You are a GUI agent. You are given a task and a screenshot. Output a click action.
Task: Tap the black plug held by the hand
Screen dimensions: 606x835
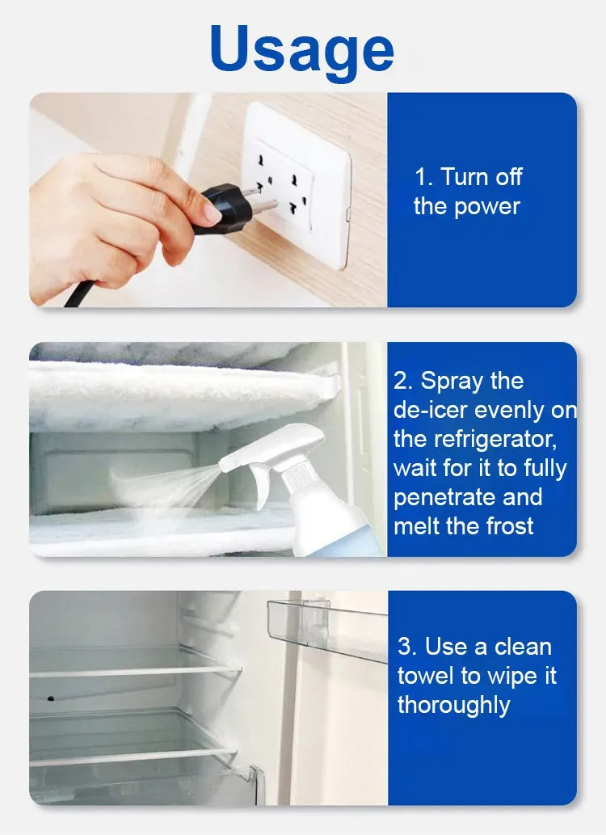224,207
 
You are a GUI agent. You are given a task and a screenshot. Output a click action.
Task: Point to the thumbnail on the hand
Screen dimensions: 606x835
213,213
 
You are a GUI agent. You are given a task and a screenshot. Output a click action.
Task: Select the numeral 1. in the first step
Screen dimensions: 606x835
424,177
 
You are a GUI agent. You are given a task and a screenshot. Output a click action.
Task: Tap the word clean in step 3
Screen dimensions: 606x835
523,647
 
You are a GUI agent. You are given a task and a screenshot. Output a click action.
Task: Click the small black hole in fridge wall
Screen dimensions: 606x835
51,698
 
